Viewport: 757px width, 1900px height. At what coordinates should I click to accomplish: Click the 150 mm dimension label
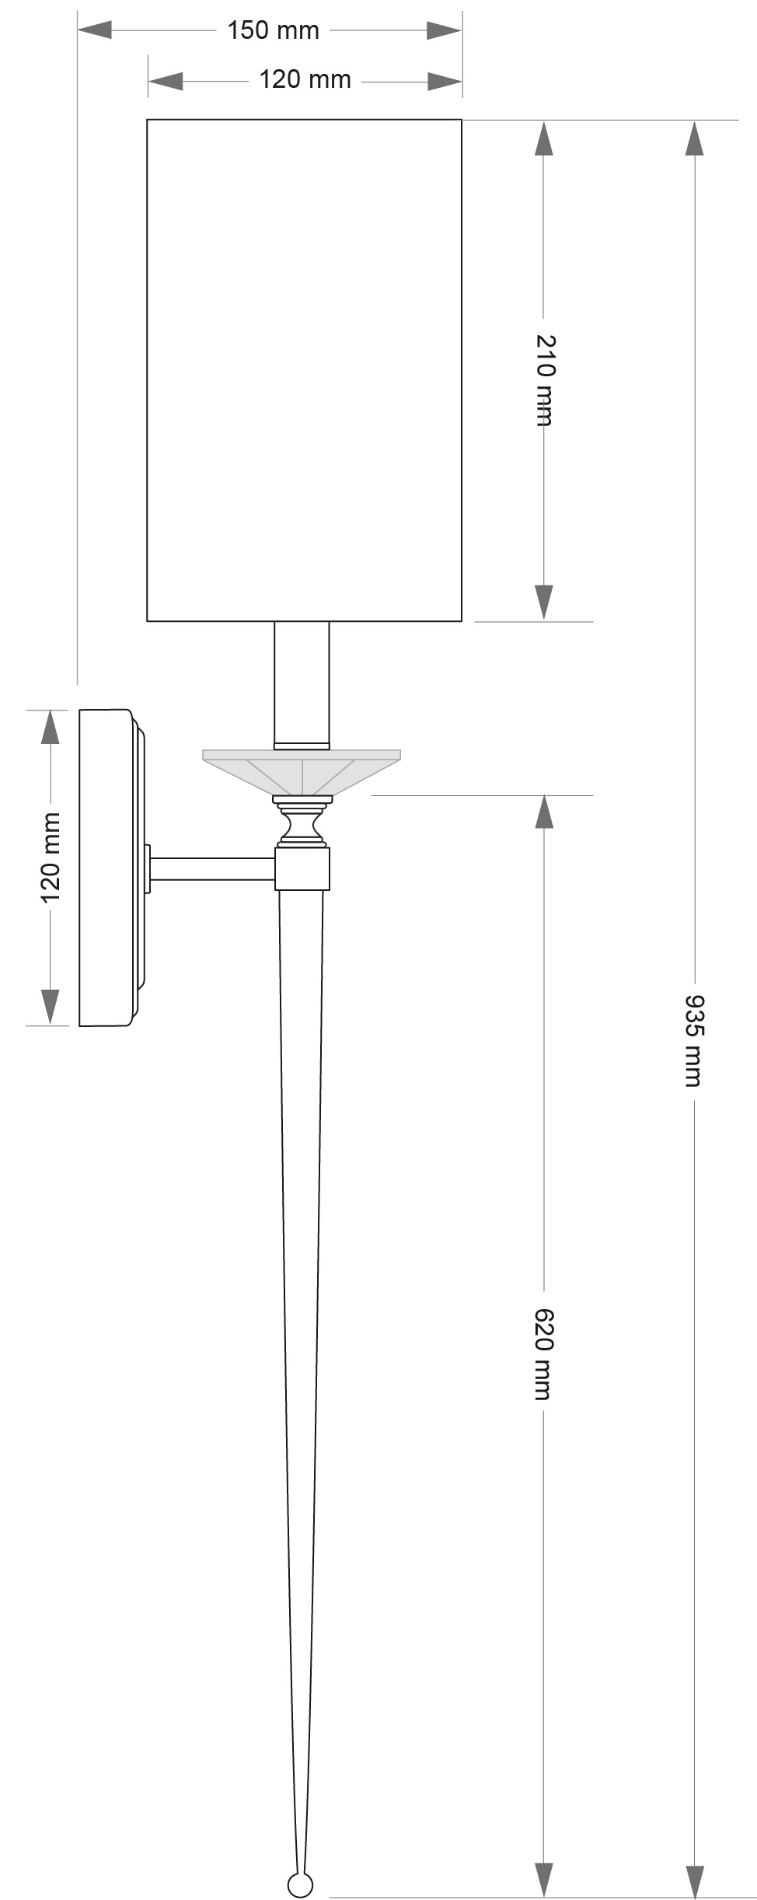[273, 31]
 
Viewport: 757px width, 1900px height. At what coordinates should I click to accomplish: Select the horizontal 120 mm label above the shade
[305, 80]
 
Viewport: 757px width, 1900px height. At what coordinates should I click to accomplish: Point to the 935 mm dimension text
[694, 1039]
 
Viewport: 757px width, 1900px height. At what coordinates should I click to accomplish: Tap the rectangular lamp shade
[304, 370]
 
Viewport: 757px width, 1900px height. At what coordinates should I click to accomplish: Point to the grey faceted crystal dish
[302, 771]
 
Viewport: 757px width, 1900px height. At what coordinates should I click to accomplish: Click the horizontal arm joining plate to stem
[213, 869]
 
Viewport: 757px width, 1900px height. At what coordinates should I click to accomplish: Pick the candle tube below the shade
[302, 683]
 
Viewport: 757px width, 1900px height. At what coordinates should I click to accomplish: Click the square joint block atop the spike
[303, 868]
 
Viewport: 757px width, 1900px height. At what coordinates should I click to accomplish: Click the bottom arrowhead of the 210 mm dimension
[544, 602]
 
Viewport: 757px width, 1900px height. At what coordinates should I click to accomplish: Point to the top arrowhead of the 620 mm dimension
[544, 812]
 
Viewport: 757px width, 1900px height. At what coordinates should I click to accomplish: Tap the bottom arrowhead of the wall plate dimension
[51, 1007]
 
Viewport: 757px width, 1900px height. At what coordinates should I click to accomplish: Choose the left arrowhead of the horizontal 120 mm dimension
[165, 81]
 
